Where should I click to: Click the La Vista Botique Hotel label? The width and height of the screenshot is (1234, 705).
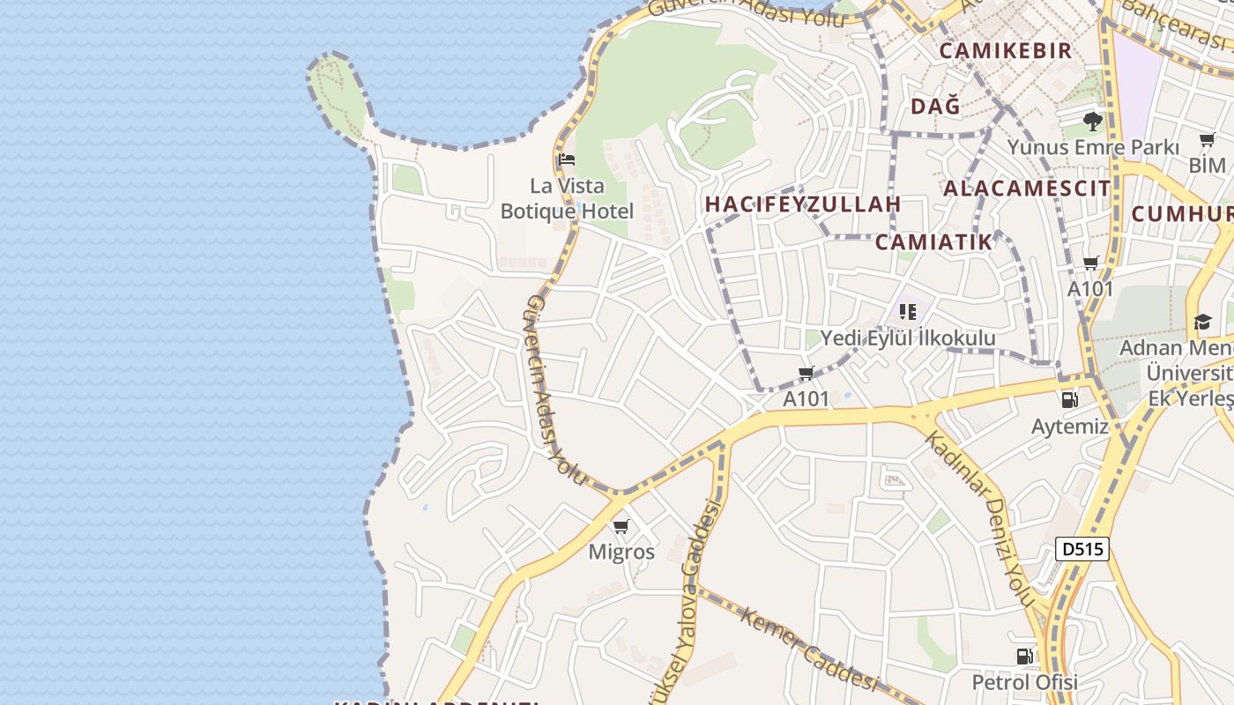tap(567, 198)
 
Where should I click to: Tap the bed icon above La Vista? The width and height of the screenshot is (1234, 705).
tap(567, 160)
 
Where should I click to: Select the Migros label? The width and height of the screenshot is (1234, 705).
tap(621, 553)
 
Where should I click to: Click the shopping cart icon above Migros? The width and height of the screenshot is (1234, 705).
tap(621, 527)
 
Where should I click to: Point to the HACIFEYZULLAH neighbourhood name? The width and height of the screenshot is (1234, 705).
tap(803, 204)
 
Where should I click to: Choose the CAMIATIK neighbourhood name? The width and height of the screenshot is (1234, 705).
tap(934, 242)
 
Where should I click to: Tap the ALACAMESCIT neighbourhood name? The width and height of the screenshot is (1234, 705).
tap(1027, 188)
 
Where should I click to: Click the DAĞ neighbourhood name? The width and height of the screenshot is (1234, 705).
tap(935, 107)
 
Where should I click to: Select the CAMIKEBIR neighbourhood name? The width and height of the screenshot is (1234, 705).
tap(1006, 50)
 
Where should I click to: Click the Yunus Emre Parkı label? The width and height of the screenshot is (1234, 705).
tap(1093, 147)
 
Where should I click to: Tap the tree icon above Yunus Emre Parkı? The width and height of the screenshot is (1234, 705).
tap(1093, 122)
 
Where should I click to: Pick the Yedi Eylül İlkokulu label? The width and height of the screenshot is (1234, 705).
tap(908, 338)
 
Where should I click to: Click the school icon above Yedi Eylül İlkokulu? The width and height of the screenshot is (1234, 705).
tap(908, 311)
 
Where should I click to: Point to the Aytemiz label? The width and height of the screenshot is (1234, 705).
tap(1070, 427)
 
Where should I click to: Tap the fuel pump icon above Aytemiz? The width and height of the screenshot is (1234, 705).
tap(1070, 400)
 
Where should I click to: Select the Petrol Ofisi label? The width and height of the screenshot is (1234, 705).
tap(1025, 682)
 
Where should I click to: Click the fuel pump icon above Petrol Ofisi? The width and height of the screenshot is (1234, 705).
tap(1025, 657)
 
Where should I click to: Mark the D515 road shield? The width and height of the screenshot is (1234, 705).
tap(1082, 549)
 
